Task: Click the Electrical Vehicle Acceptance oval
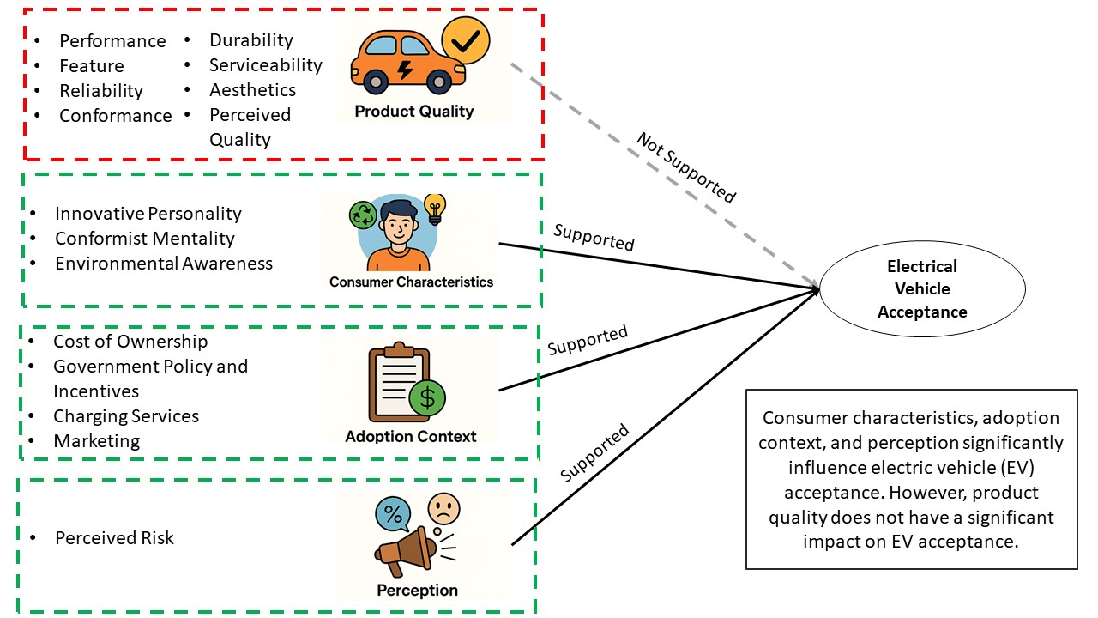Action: click(922, 289)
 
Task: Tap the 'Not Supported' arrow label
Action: click(685, 168)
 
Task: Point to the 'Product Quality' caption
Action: click(413, 112)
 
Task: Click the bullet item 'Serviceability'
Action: click(265, 65)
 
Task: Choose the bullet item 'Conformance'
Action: click(115, 115)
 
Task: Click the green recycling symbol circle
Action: click(364, 215)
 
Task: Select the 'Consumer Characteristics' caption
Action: click(411, 282)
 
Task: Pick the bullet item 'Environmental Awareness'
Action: click(163, 264)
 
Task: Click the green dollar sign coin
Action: click(426, 398)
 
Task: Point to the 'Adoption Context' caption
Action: click(410, 436)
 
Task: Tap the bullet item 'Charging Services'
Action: click(126, 416)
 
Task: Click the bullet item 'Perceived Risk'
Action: click(114, 538)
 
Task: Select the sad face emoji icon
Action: click(443, 508)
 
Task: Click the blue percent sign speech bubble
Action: click(393, 514)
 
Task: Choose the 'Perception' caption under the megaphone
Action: click(417, 591)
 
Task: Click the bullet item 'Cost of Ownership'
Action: click(130, 342)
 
